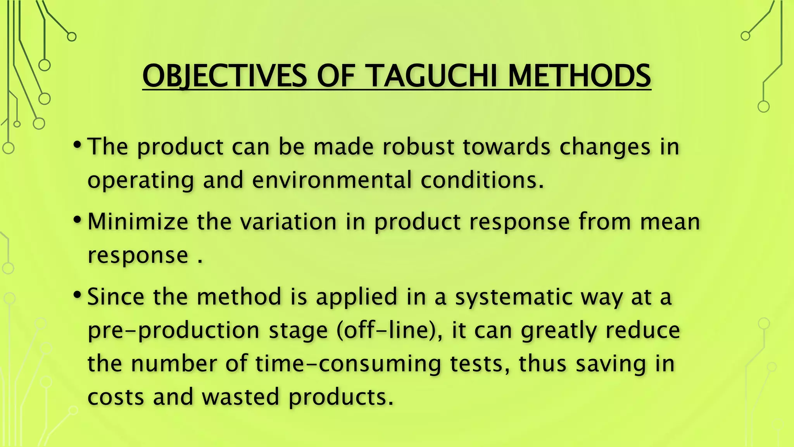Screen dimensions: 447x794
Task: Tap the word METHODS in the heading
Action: pyautogui.click(x=579, y=76)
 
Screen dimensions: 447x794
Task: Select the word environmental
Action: pyautogui.click(x=332, y=180)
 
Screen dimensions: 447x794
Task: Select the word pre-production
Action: pyautogui.click(x=173, y=331)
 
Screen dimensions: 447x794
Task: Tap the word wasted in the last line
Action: pyautogui.click(x=240, y=397)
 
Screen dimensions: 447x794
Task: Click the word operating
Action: pyautogui.click(x=141, y=181)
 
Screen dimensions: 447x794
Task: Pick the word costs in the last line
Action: pyautogui.click(x=116, y=397)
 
